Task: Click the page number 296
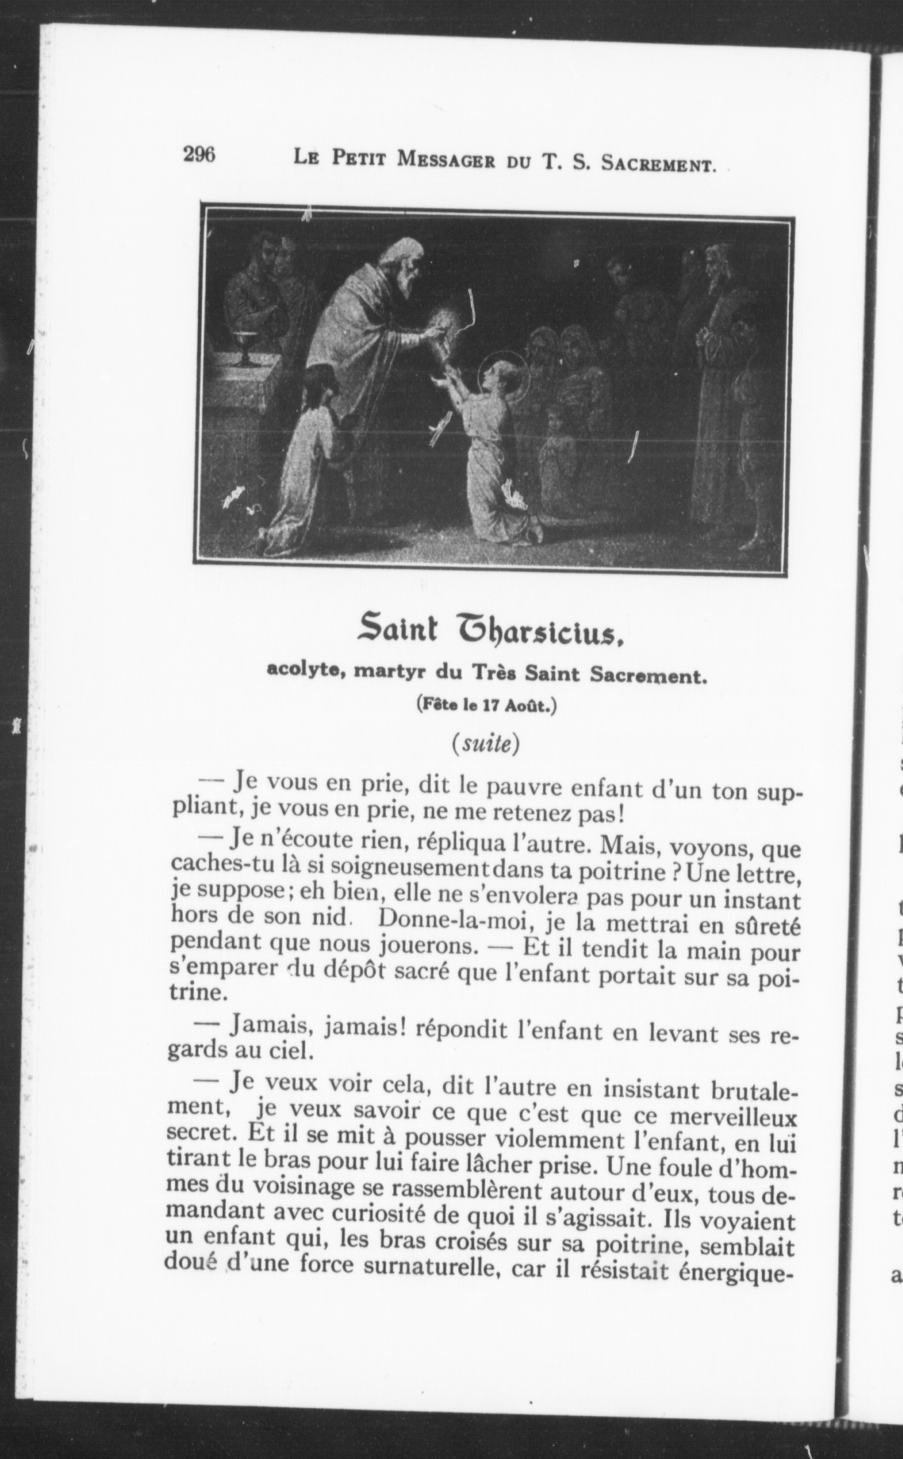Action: pos(199,155)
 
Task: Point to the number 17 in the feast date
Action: pos(490,705)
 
